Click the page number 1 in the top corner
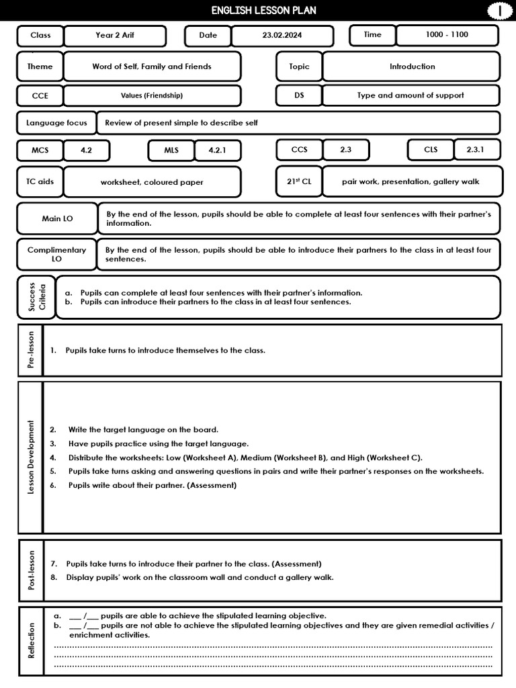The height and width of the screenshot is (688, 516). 499,11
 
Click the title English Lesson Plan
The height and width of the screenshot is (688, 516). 263,10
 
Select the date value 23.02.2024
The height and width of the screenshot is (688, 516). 282,35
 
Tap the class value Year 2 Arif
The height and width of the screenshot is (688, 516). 115,35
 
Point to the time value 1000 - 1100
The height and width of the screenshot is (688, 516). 447,34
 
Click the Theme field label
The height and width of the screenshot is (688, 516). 40,67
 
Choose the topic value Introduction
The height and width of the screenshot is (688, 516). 412,67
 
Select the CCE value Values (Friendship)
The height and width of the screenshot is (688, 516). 152,95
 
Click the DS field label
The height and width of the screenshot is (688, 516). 299,95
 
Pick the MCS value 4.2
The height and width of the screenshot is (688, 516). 86,150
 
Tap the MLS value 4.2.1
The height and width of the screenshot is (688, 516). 218,150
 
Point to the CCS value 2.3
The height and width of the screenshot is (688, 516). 345,150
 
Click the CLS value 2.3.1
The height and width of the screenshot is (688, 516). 475,150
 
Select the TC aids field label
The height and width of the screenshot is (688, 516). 40,181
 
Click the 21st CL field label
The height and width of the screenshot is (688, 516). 299,181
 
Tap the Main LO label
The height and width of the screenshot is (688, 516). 57,218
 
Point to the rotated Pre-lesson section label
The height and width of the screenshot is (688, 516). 31,350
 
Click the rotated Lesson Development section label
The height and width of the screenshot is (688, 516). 31,458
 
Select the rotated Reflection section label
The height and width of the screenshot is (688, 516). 31,641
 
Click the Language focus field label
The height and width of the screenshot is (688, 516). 56,123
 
